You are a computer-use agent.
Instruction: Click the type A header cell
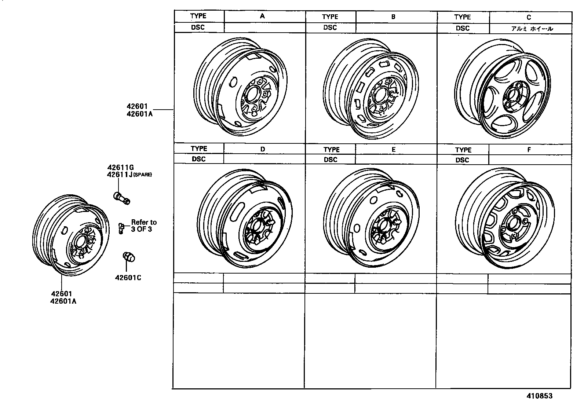pos(262,16)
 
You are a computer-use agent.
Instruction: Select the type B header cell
pos(393,17)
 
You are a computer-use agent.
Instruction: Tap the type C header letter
pos(529,17)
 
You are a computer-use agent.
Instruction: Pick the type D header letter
pos(263,149)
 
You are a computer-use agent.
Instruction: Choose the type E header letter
pos(394,150)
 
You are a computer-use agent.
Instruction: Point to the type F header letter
pos(529,150)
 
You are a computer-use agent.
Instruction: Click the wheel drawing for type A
pos(240,88)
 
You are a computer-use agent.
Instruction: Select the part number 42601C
pos(128,278)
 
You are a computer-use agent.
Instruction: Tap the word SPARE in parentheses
pos(142,175)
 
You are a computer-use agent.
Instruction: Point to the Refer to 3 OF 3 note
pos(144,226)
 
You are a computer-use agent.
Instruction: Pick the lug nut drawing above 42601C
pos(128,257)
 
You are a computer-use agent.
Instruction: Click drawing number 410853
pos(540,396)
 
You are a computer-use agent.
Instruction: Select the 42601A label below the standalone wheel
pos(64,301)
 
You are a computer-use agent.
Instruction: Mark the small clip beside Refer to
pos(121,227)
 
